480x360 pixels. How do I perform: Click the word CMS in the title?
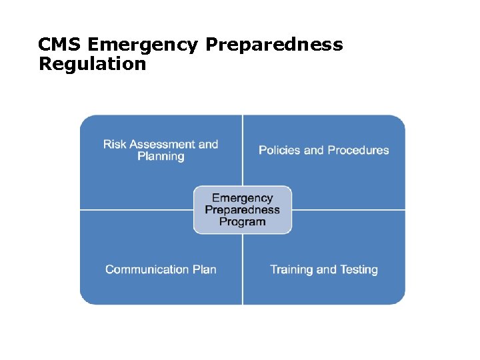[x=60, y=45]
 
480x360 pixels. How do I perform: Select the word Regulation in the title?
[x=92, y=65]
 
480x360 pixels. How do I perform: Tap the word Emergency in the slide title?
[x=143, y=45]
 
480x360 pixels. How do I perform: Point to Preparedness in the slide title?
[x=274, y=45]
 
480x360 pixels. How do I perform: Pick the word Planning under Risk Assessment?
[x=161, y=157]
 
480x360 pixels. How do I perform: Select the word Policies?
[x=279, y=150]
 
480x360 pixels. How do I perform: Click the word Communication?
[x=147, y=269]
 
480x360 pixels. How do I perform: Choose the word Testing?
[x=359, y=269]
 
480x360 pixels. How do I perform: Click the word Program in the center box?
[x=243, y=222]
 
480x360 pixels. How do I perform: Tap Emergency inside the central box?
[x=243, y=198]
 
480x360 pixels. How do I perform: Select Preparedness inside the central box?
[x=243, y=210]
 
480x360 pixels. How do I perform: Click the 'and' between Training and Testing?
[x=327, y=269]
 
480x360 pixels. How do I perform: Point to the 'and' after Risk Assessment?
[x=209, y=144]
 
